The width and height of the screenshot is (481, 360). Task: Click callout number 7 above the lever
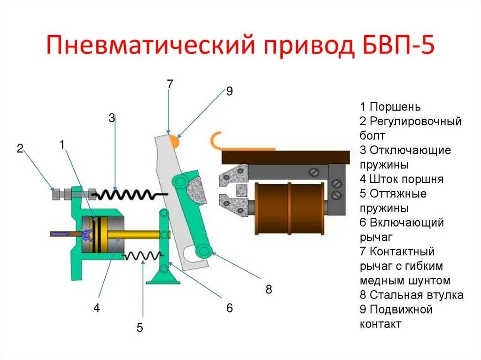(170, 84)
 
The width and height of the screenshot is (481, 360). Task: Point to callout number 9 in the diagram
(229, 91)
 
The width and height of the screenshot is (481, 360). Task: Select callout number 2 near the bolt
(20, 149)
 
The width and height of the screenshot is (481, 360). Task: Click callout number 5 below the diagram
(140, 328)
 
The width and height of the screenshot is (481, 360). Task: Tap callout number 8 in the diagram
(269, 289)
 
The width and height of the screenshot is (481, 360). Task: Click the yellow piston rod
(136, 233)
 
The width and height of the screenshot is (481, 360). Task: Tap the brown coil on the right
(289, 208)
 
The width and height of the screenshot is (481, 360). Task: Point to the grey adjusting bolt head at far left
(55, 194)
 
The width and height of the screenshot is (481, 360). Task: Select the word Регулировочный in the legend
(416, 121)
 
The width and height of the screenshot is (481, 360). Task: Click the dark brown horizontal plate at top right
(286, 157)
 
